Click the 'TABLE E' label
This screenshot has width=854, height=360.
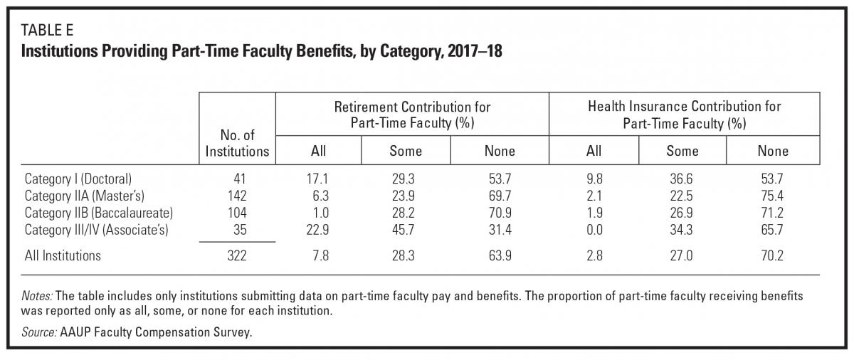tap(47, 30)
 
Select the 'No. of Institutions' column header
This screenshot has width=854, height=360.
tap(237, 143)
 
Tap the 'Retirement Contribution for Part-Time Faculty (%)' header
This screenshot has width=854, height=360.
tap(412, 115)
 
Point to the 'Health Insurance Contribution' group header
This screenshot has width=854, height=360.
tap(685, 115)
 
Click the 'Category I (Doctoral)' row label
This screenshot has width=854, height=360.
tap(78, 179)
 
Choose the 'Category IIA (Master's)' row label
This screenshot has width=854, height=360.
tap(85, 196)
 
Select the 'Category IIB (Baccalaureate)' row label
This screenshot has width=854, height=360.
tap(99, 213)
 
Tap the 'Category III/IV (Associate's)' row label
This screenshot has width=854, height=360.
tap(97, 230)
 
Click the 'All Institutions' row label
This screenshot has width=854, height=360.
tap(63, 255)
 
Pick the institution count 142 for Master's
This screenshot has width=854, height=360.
tap(237, 196)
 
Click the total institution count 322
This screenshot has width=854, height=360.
tap(237, 255)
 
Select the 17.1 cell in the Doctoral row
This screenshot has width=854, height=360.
tap(317, 179)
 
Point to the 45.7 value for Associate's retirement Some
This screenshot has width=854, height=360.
tap(403, 230)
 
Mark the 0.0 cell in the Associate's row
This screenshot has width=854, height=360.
tap(594, 230)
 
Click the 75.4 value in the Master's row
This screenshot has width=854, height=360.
tap(772, 196)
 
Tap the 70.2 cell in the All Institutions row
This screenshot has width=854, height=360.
tap(772, 255)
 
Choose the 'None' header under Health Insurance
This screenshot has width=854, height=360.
tap(773, 151)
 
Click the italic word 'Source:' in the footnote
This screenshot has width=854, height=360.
tap(39, 332)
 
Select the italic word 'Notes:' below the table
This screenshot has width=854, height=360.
tap(37, 296)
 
